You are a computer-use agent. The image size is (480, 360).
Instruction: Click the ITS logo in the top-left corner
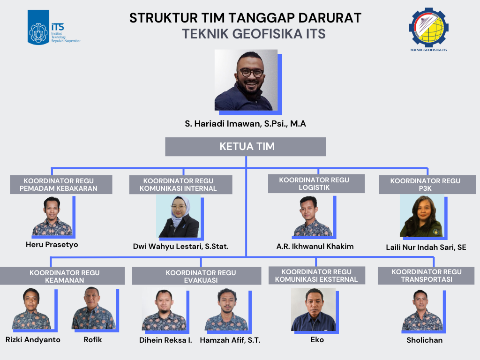(54, 27)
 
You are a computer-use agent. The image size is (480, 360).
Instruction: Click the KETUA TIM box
(246, 147)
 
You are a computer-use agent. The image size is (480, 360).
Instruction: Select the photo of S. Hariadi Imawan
(246, 80)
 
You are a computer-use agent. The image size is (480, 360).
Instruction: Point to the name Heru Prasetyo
(52, 245)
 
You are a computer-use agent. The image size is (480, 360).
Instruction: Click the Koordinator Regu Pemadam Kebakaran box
(61, 185)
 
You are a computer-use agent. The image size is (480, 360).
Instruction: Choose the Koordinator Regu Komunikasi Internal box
(180, 185)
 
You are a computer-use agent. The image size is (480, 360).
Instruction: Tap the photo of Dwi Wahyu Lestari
(179, 216)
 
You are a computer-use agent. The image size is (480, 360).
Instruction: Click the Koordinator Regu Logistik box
(316, 184)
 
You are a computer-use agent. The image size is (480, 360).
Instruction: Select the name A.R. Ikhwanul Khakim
(315, 247)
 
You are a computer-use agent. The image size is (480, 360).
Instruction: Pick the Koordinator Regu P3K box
(427, 185)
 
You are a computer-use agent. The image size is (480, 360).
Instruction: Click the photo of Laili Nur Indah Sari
(422, 216)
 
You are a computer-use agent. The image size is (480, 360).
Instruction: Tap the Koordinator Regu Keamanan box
(62, 276)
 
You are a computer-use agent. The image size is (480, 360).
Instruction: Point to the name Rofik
(93, 340)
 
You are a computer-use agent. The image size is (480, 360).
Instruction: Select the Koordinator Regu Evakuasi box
(196, 276)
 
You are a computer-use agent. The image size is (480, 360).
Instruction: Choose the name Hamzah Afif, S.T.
(230, 340)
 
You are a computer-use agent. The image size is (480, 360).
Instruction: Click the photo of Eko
(314, 309)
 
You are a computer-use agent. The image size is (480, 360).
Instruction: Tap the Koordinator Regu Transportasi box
(426, 276)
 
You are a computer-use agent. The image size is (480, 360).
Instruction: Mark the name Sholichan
(425, 340)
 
